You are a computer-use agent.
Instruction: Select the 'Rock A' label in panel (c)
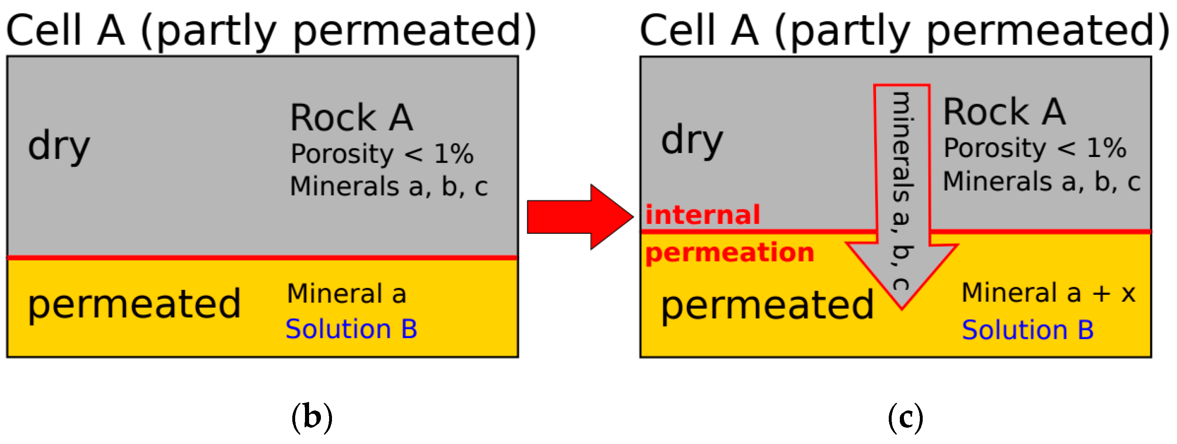tap(1004, 112)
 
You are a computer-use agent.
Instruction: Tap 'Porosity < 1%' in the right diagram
tap(1035, 148)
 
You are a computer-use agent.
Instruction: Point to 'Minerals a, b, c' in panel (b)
tap(389, 186)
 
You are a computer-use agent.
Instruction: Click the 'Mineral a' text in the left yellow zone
tap(346, 293)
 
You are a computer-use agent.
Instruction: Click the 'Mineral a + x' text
tap(1048, 292)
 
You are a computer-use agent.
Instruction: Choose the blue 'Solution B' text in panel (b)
tap(351, 329)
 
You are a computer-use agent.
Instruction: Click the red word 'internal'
tap(702, 215)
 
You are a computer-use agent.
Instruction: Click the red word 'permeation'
tap(730, 253)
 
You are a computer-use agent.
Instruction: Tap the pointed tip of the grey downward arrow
tap(901, 307)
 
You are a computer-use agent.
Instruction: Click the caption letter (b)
tap(312, 417)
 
